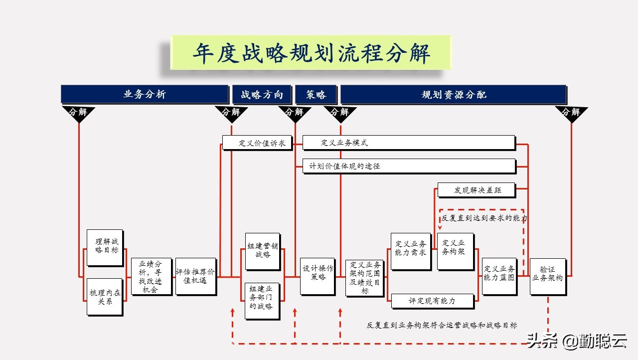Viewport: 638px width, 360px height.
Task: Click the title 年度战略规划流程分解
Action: coord(311,53)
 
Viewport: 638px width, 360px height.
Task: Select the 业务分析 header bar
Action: coord(145,94)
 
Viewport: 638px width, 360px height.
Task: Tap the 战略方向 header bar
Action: coord(262,95)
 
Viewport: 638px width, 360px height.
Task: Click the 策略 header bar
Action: coord(316,95)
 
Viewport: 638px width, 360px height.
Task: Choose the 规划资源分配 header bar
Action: coord(453,95)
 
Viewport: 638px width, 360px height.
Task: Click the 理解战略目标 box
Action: coord(105,247)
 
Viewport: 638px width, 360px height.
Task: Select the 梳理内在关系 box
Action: coord(105,297)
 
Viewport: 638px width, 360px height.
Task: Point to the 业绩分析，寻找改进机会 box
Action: coord(151,276)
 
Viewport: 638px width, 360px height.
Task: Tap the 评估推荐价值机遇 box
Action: coord(195,276)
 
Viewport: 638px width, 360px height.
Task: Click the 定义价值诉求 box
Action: coord(262,143)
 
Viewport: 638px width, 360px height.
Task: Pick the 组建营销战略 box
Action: coord(262,251)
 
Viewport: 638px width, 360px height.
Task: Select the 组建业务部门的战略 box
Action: coord(262,301)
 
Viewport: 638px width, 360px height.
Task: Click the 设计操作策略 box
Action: coord(317,276)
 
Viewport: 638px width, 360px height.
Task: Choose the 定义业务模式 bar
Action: coord(408,143)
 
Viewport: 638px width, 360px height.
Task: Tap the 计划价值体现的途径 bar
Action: coord(408,166)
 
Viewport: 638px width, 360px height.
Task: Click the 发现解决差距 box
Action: coord(476,190)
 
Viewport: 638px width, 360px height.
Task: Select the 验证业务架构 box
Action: coord(547,276)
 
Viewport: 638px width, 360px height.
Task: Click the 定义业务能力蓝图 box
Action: coord(499,276)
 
